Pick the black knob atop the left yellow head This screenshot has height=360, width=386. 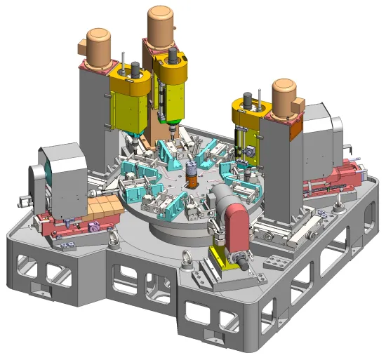[x=133, y=70]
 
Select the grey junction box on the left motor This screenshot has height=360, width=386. [x=81, y=48]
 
